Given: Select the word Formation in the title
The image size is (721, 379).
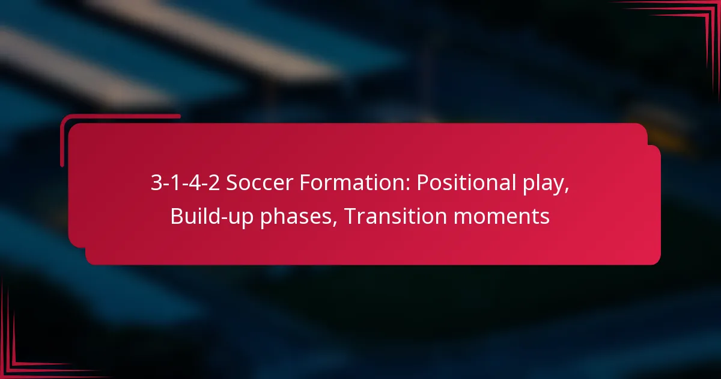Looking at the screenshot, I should pos(332,183).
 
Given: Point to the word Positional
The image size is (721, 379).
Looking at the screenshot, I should pos(460,183).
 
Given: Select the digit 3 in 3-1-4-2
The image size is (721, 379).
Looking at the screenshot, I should pos(155,183).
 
